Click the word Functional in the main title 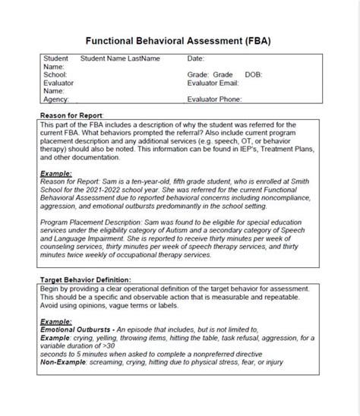click(x=115, y=39)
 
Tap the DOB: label click(x=254, y=75)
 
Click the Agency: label click(x=55, y=99)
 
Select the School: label click(x=55, y=75)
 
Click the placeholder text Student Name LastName click(x=120, y=58)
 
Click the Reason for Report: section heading click(x=71, y=115)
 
